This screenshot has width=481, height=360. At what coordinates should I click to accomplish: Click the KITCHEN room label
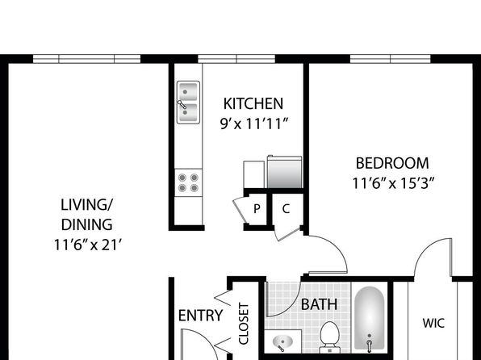pyautogui.click(x=253, y=104)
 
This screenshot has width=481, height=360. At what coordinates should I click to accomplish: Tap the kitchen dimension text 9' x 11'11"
pyautogui.click(x=254, y=124)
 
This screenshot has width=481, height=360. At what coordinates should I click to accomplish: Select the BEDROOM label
pyautogui.click(x=392, y=163)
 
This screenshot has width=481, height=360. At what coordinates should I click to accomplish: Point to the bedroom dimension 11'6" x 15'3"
pyautogui.click(x=393, y=183)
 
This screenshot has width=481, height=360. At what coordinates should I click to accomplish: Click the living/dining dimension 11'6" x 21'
pyautogui.click(x=88, y=245)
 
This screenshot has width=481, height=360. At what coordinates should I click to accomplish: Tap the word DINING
pyautogui.click(x=87, y=225)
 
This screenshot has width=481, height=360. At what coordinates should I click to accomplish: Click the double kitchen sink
pyautogui.click(x=188, y=103)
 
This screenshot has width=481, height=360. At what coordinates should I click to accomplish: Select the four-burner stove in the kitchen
pyautogui.click(x=188, y=182)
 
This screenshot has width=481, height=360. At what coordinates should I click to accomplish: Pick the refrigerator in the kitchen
pyautogui.click(x=285, y=172)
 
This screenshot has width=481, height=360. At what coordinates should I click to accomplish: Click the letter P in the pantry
pyautogui.click(x=257, y=209)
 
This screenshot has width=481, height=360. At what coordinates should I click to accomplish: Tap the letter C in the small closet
pyautogui.click(x=286, y=209)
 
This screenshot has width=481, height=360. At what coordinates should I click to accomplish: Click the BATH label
pyautogui.click(x=320, y=304)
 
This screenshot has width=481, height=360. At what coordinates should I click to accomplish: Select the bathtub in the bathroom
pyautogui.click(x=370, y=318)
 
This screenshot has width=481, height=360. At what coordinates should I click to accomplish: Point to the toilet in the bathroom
pyautogui.click(x=330, y=337)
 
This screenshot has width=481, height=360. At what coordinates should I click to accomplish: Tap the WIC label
pyautogui.click(x=433, y=323)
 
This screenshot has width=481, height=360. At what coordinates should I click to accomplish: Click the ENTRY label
pyautogui.click(x=201, y=316)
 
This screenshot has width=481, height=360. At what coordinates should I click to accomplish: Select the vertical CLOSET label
pyautogui.click(x=244, y=324)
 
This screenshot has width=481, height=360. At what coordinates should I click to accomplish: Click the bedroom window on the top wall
pyautogui.click(x=390, y=59)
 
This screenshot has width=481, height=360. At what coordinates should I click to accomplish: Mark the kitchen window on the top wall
pyautogui.click(x=236, y=59)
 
